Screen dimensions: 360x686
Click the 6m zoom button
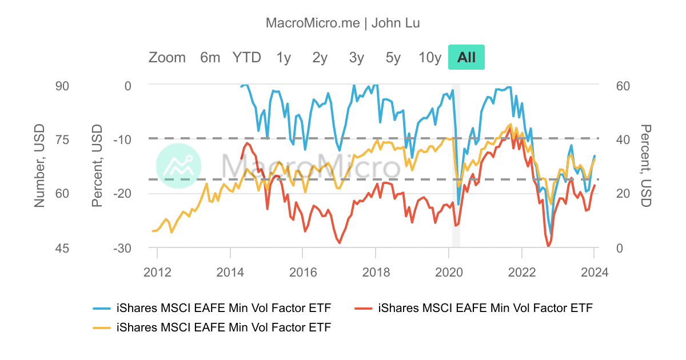(x=210, y=57)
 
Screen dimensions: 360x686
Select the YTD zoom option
(x=246, y=57)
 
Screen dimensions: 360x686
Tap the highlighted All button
(x=466, y=57)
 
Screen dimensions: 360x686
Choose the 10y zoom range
(x=430, y=57)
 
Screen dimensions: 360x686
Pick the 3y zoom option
(x=357, y=57)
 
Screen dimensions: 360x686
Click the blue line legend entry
(x=212, y=309)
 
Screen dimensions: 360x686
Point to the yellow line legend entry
(x=212, y=327)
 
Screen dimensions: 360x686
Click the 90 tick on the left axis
(x=61, y=86)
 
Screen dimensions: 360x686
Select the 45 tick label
(x=61, y=248)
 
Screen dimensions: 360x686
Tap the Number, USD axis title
(x=39, y=166)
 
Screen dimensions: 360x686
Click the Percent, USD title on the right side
(x=646, y=166)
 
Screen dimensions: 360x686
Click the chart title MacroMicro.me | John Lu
(x=343, y=23)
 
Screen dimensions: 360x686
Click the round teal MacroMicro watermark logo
(x=179, y=166)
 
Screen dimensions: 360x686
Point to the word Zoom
(x=167, y=57)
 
